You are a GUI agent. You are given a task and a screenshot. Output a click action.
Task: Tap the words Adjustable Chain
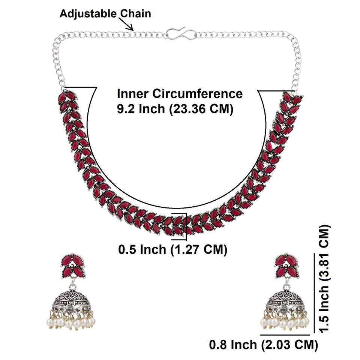(x=105, y=14)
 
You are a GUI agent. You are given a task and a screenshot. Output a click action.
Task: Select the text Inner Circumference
(x=180, y=93)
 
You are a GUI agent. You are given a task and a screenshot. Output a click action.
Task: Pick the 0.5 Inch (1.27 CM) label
(x=172, y=249)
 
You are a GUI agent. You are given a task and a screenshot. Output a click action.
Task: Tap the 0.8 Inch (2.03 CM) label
(x=263, y=344)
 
